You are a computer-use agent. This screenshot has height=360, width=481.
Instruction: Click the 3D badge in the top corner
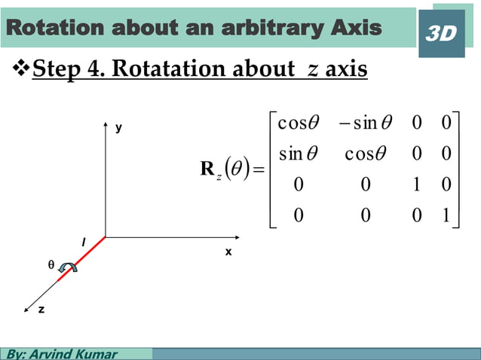441,33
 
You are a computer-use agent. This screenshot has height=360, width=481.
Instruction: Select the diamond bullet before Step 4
21,70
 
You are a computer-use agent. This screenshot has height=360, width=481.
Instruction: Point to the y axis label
118,129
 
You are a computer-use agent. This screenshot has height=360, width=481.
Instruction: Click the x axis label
228,252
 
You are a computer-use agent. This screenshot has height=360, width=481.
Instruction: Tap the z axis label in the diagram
41,309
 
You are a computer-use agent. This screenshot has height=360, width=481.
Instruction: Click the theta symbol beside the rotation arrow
51,266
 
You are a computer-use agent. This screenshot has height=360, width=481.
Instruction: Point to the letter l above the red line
83,242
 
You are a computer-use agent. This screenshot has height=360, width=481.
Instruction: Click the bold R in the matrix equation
207,169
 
